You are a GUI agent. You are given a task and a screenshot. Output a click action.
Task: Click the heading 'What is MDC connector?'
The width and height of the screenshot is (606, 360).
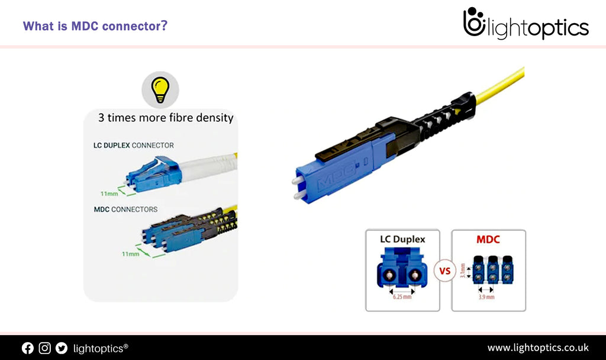[95, 27]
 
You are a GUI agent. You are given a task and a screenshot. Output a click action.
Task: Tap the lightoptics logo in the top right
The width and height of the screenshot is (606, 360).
[526, 25]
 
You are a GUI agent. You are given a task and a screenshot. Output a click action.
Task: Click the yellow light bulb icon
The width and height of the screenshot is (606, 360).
[160, 89]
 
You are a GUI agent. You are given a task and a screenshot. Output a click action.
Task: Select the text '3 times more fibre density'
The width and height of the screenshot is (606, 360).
[166, 118]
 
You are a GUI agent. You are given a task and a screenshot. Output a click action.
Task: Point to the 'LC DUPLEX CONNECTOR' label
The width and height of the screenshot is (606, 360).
[133, 145]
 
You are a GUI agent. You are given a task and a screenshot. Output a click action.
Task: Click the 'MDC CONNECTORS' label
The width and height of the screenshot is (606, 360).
[125, 209]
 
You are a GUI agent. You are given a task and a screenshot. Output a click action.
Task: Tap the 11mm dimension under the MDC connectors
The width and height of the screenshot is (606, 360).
[130, 253]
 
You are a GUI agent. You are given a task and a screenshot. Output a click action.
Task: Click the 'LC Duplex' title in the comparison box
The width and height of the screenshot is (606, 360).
[402, 240]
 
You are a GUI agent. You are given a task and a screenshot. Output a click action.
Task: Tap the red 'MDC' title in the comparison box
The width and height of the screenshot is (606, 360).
[488, 240]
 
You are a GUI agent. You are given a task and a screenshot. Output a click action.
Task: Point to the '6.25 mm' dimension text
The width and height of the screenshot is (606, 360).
[402, 296]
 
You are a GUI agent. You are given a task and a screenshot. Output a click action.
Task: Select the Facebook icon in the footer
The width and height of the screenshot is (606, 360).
[28, 348]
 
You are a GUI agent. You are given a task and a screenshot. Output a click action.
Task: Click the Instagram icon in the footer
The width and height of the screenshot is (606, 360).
[44, 348]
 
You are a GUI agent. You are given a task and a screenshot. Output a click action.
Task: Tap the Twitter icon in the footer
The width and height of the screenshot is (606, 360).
[62, 348]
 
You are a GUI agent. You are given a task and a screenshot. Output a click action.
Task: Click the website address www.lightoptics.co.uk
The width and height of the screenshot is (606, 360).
[537, 348]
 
